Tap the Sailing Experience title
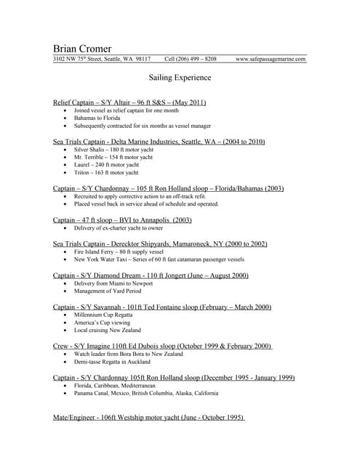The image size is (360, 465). click(x=180, y=76)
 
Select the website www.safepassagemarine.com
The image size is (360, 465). click(x=271, y=59)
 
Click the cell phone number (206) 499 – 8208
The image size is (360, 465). click(x=190, y=59)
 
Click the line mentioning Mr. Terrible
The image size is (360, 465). click(x=113, y=157)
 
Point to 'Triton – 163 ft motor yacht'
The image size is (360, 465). click(x=105, y=173)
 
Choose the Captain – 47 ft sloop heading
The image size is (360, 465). click(x=122, y=219)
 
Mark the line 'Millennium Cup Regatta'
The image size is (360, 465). click(x=104, y=315)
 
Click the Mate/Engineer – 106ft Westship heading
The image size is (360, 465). click(x=149, y=418)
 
